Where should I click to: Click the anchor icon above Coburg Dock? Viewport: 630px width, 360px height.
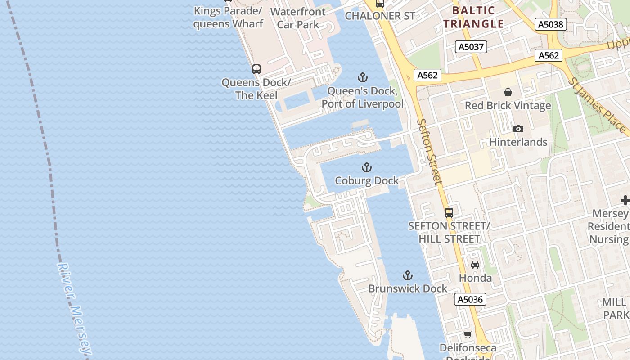tap(367, 168)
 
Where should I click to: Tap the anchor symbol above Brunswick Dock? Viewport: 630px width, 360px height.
tap(407, 275)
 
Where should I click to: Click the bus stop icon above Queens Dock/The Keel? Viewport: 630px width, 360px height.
tap(256, 69)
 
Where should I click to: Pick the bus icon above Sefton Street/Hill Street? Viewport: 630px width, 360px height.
tap(449, 212)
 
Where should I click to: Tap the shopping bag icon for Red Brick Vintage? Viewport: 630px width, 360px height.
tap(508, 92)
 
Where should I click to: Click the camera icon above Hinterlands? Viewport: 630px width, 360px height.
tap(518, 129)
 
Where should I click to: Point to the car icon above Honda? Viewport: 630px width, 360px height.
tap(475, 265)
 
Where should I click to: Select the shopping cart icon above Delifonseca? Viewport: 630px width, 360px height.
tap(468, 334)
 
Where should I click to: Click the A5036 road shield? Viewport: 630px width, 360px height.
tap(470, 299)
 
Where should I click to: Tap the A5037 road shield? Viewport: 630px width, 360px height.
tap(471, 47)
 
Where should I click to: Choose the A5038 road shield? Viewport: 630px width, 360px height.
tap(551, 24)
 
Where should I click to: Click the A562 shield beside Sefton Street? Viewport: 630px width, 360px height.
tap(427, 75)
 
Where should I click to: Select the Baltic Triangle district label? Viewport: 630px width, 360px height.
tap(474, 17)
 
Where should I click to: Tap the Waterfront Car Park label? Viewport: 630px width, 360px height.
tap(298, 18)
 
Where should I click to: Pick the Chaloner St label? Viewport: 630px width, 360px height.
tap(380, 16)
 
